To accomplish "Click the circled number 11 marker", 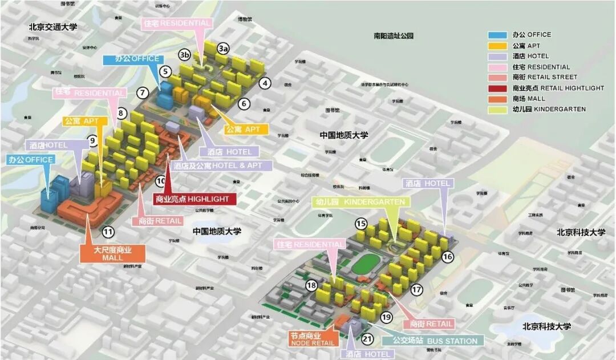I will (x=108, y=232).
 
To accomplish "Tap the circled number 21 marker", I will (x=367, y=340).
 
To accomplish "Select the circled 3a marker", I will (x=223, y=49).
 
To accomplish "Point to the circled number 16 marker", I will (x=447, y=257).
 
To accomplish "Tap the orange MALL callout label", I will (x=112, y=254).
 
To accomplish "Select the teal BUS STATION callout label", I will (x=435, y=341).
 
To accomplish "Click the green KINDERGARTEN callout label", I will (x=359, y=202).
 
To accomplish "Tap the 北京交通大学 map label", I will (x=53, y=27).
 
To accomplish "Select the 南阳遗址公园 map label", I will (x=393, y=35).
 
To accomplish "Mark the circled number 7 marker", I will (x=143, y=92).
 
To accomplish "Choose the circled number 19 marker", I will (x=387, y=317).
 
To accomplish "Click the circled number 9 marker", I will (x=92, y=140).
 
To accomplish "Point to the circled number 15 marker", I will (x=360, y=223).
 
